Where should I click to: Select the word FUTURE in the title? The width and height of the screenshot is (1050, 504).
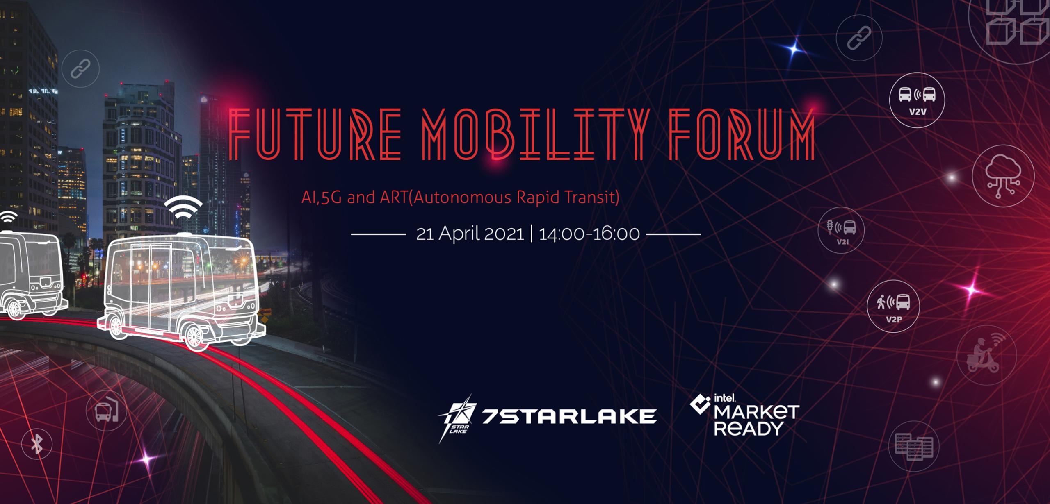pyautogui.click(x=316, y=134)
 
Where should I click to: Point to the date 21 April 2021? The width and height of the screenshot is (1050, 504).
pyautogui.click(x=470, y=234)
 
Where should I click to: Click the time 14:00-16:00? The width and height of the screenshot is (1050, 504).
pyautogui.click(x=589, y=234)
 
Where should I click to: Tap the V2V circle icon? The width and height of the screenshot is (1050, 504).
pyautogui.click(x=917, y=100)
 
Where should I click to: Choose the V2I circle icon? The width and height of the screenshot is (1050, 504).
pyautogui.click(x=841, y=230)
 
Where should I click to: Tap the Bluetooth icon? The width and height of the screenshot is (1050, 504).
pyautogui.click(x=37, y=444)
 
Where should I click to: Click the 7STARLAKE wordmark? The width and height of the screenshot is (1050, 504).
pyautogui.click(x=569, y=416)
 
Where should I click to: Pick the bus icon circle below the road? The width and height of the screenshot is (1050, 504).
pyautogui.click(x=106, y=410)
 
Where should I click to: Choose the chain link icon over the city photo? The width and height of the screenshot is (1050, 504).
pyautogui.click(x=80, y=68)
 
